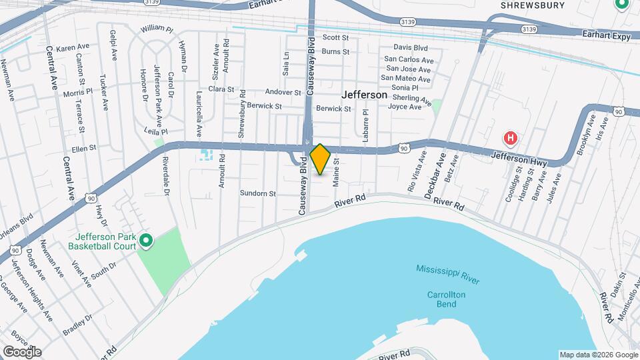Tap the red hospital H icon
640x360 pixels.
(511, 139)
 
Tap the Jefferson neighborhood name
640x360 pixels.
(364, 95)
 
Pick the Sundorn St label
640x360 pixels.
(258, 193)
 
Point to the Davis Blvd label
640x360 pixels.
(410, 47)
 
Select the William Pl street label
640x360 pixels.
(157, 29)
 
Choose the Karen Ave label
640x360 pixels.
(73, 48)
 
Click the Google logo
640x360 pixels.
(21, 351)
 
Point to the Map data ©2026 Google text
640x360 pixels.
(597, 355)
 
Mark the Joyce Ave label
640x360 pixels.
(405, 107)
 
